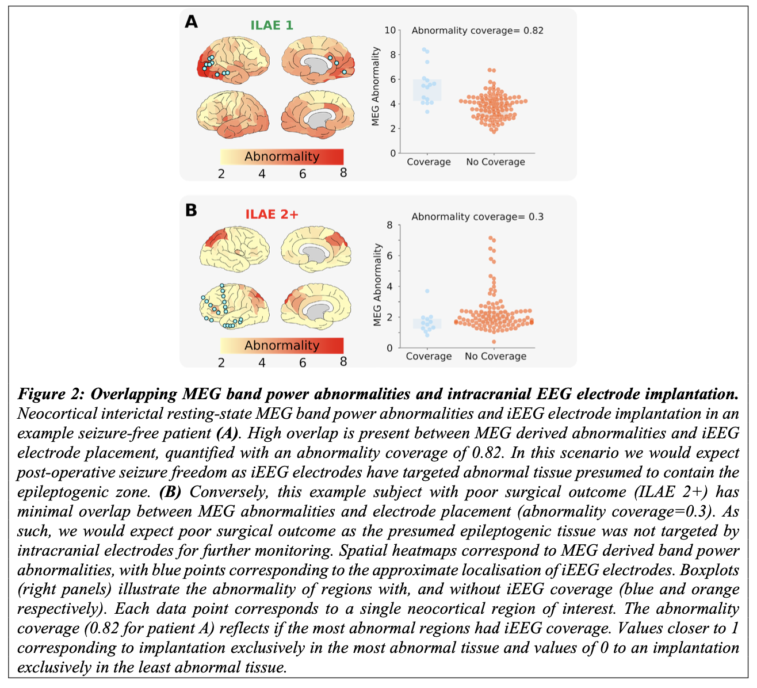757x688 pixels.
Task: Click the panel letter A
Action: tap(191, 22)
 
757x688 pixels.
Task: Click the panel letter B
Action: tap(191, 211)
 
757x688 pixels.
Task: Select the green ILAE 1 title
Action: tap(272, 25)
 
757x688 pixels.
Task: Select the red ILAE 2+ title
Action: tap(272, 215)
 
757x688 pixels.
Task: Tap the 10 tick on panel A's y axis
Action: tap(390, 30)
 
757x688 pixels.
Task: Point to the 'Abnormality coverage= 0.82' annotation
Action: tap(477, 30)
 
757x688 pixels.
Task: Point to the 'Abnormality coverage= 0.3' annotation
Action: tap(477, 217)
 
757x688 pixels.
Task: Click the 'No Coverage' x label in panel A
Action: tap(495, 162)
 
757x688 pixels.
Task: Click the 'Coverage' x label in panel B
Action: tap(429, 357)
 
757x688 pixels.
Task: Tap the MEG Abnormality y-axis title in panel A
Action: tap(376, 87)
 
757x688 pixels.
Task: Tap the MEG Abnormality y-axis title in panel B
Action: tap(377, 284)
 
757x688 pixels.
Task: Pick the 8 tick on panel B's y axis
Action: tap(389, 225)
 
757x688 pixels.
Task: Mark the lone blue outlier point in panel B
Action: tap(427, 291)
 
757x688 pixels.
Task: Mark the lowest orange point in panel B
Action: tap(494, 342)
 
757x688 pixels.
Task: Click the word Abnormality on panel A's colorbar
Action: tap(281, 156)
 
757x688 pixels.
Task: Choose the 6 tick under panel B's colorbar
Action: tap(303, 362)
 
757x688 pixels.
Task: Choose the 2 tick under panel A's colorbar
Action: tap(221, 173)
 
